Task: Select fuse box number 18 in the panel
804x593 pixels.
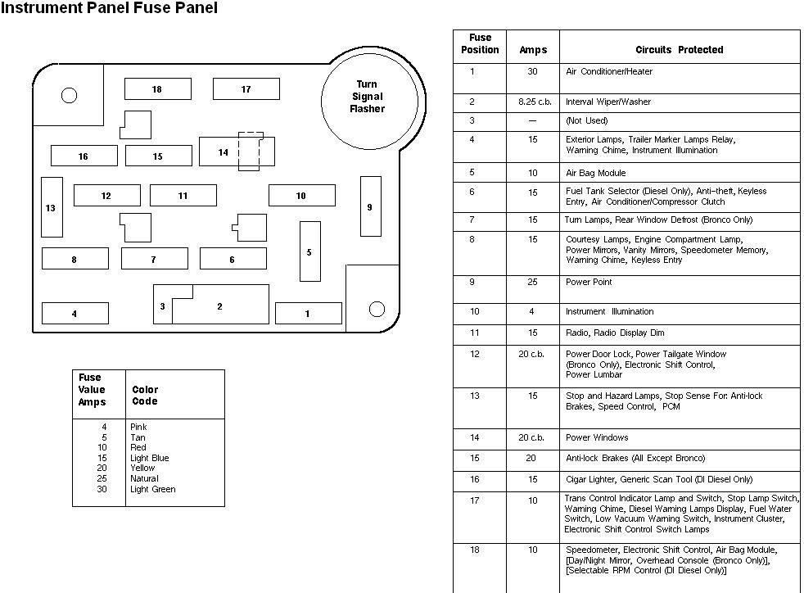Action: coord(157,89)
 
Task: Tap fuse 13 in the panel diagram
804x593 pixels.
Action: coord(52,207)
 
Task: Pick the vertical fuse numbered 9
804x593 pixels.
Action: coord(370,206)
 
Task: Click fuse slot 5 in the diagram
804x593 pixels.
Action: coord(309,251)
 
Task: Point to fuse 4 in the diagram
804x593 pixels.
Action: coord(75,313)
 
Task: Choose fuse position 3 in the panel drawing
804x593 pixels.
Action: coord(163,306)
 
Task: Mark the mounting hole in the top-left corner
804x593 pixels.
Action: coord(69,96)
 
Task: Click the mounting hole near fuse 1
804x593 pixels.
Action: coord(377,309)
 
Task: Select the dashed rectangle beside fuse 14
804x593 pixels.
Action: coord(251,151)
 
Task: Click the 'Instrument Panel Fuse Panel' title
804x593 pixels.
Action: coord(109,9)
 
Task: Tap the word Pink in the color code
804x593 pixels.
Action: coord(138,427)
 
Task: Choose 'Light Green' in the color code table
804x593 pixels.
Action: coord(152,490)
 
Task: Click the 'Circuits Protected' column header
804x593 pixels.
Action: coord(679,50)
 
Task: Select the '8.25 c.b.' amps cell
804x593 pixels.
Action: coord(533,102)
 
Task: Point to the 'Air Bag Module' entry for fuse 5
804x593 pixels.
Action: coord(595,173)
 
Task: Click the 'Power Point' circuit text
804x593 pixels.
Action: coord(589,282)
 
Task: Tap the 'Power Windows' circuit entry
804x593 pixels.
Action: coord(597,437)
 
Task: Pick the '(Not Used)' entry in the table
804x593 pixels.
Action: coord(587,120)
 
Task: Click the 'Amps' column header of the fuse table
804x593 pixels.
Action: coord(533,50)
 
